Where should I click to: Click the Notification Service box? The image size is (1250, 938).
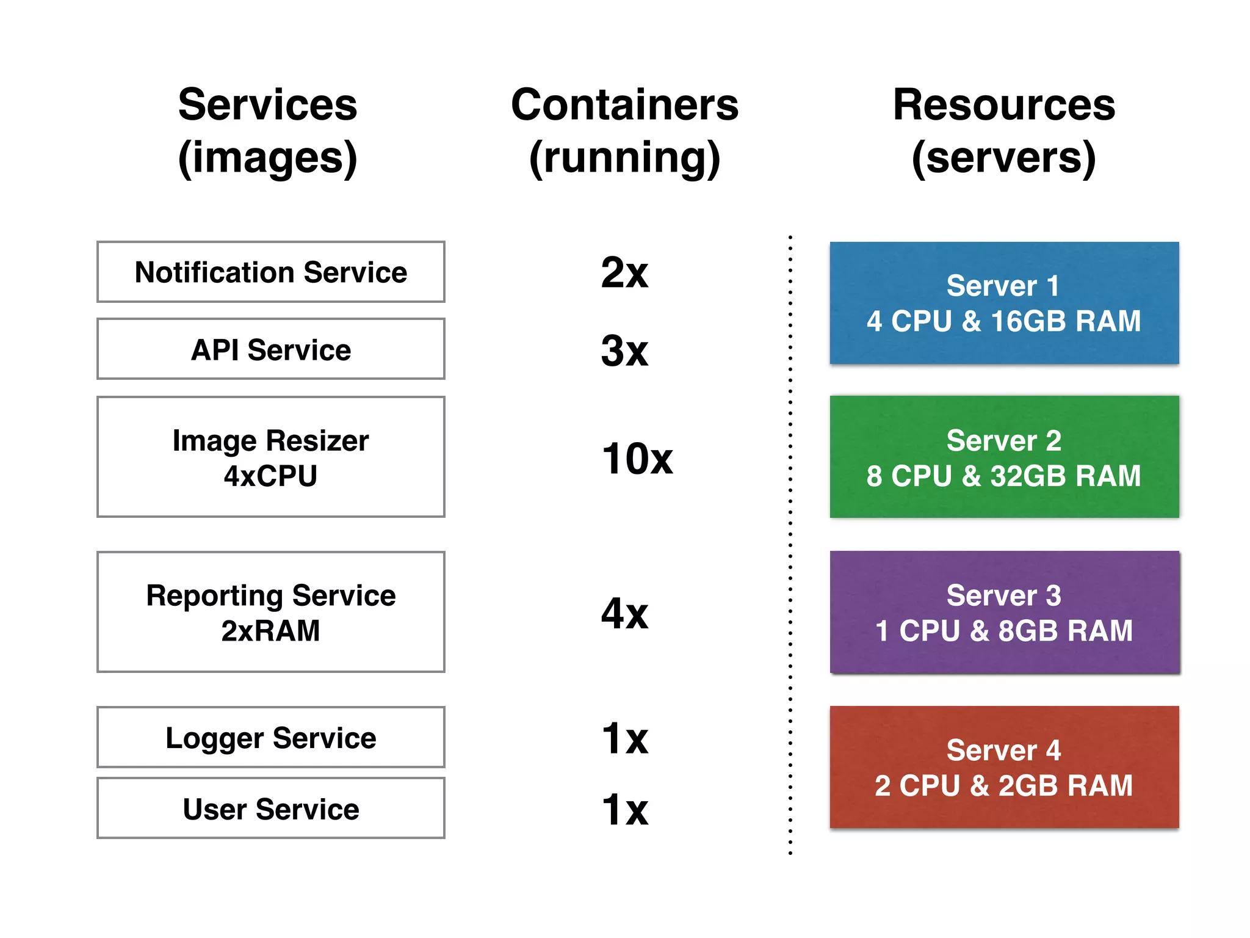[x=270, y=272]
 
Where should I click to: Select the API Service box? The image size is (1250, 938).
[x=270, y=350]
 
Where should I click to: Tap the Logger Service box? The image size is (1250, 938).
[x=270, y=738]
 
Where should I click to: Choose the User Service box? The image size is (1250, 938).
[x=270, y=809]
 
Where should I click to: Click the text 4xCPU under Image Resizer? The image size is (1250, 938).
[x=270, y=476]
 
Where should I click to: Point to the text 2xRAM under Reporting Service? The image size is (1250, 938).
[x=270, y=631]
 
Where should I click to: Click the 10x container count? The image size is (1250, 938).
[x=637, y=459]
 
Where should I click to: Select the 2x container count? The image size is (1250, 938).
[x=624, y=272]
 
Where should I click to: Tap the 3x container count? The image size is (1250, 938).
[x=624, y=351]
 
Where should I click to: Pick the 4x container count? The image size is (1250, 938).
[x=624, y=614]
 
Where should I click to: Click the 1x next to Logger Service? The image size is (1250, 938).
[x=624, y=738]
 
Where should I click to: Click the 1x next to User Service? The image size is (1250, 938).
[x=624, y=809]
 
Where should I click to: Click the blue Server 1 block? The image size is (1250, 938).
[x=1004, y=304]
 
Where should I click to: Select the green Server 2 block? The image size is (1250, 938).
[x=1004, y=457]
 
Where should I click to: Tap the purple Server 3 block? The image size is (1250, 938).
[x=1004, y=613]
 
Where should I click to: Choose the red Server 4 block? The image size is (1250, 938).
[x=1004, y=768]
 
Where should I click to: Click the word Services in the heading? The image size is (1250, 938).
[x=267, y=105]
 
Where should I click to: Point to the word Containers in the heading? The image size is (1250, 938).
[x=624, y=105]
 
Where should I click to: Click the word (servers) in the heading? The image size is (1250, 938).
[x=1003, y=158]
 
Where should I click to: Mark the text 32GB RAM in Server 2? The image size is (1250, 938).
[x=1065, y=476]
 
